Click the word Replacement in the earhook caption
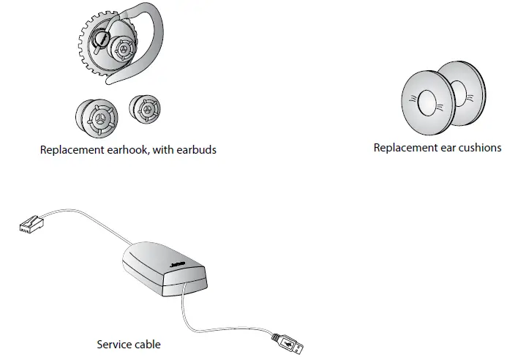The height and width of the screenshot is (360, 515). point(71,150)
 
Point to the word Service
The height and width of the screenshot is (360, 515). point(113,343)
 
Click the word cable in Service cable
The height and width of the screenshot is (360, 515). point(146,343)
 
